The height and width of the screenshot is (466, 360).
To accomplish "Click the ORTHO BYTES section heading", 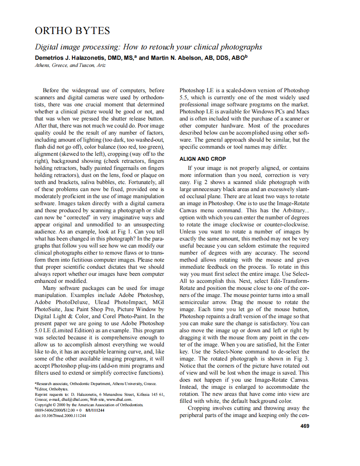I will [72, 31].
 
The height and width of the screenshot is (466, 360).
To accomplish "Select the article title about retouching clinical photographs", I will [148, 47].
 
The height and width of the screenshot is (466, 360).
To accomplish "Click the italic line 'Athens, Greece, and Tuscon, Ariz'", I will [70, 66].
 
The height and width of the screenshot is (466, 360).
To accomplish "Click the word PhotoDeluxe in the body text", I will [73, 302].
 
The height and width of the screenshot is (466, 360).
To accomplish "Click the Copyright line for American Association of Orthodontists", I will [89, 405].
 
